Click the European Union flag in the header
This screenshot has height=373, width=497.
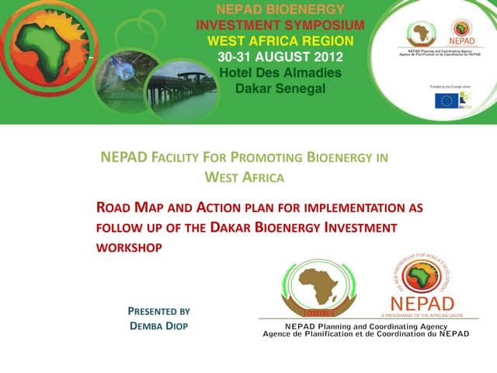[x=447, y=99]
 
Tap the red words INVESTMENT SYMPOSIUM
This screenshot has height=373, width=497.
[x=280, y=25]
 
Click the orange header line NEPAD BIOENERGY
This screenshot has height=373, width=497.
[x=279, y=10]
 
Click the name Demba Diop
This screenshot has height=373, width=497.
[x=158, y=326]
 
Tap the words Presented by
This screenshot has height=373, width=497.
[x=158, y=311]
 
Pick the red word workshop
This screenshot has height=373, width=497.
[x=128, y=247]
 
